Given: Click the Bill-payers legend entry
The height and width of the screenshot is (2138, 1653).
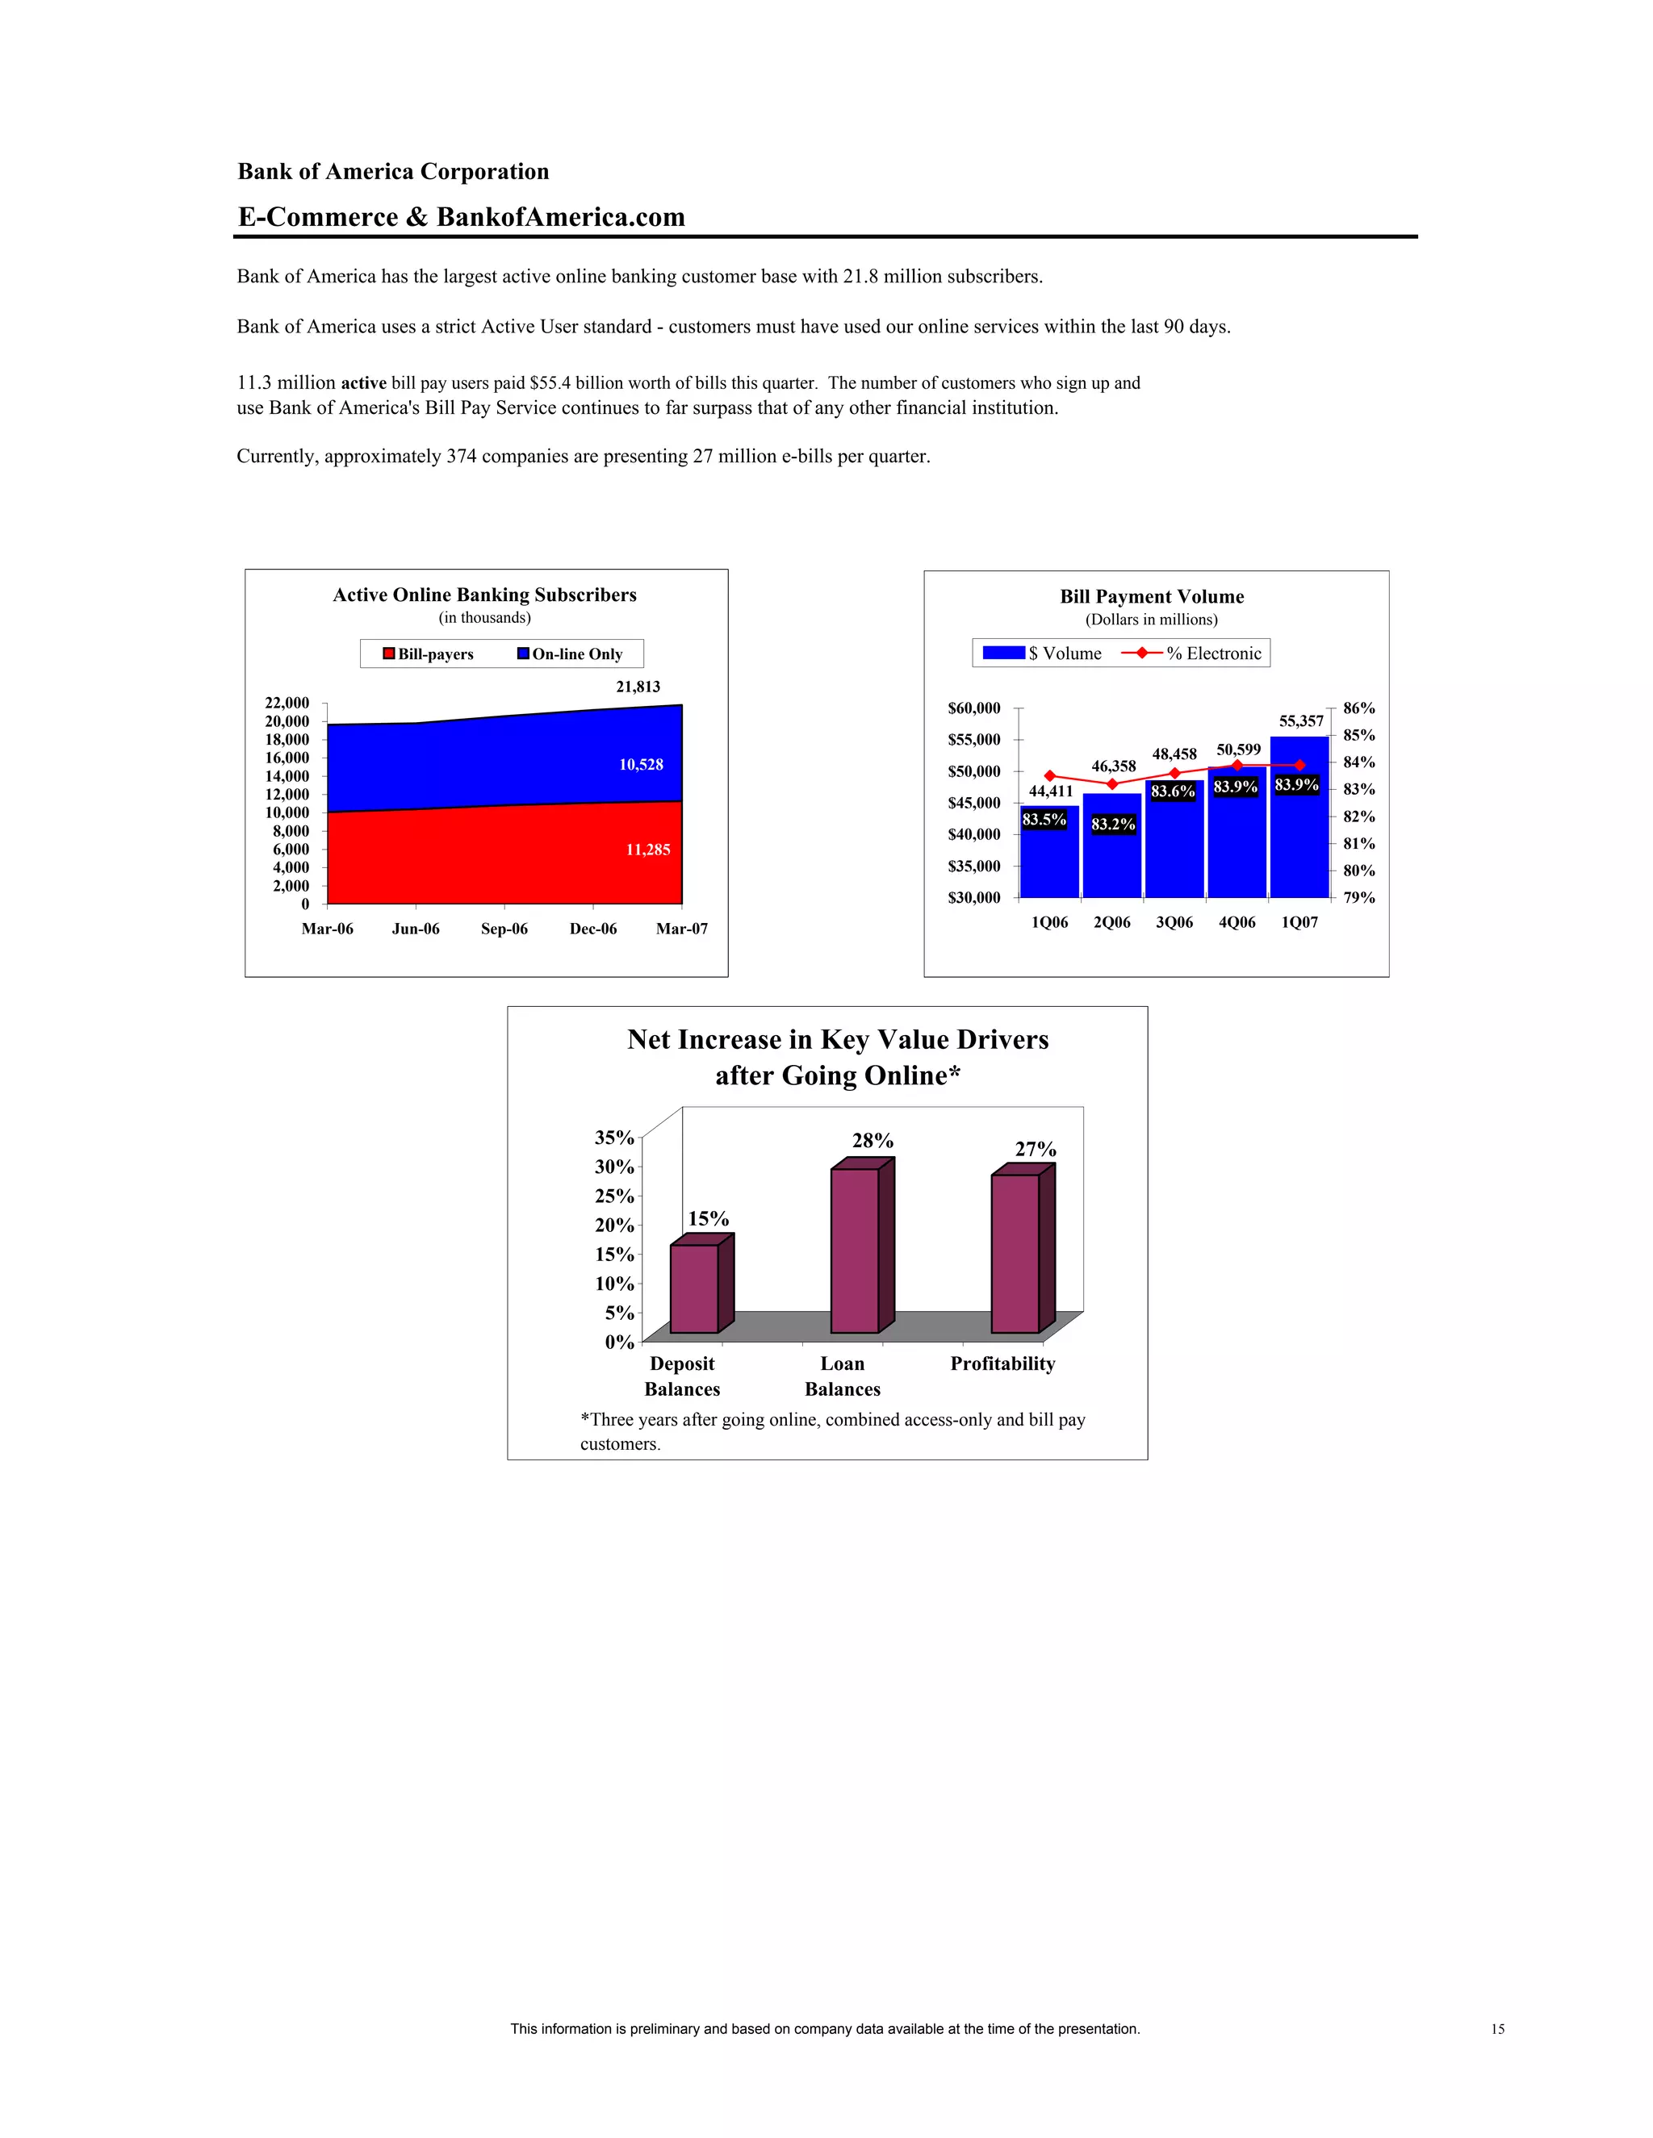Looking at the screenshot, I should coord(428,654).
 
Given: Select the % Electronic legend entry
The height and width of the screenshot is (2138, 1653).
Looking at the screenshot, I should coord(1192,653).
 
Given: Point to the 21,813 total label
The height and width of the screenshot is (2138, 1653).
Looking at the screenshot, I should coord(638,687).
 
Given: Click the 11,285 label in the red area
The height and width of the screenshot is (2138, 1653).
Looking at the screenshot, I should coord(648,850).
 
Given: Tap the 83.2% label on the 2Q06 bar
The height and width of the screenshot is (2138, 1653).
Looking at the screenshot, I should coord(1113,825).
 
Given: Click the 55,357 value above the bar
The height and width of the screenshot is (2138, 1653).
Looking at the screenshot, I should coord(1300,720).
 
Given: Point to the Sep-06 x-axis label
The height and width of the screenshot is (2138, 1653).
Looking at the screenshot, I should coord(504,928).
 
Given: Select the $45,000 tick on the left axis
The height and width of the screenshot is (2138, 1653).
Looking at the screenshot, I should coord(974,803).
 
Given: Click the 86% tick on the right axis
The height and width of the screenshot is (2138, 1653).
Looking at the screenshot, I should coord(1358,708).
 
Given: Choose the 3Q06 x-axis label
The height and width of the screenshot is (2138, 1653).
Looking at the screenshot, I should coord(1174,922).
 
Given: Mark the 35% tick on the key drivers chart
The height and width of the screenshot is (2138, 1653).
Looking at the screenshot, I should coord(614,1138).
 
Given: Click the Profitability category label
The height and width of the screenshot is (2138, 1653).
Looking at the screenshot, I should coord(1002,1363).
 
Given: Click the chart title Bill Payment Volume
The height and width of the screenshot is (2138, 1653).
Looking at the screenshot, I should coord(1152,596).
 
